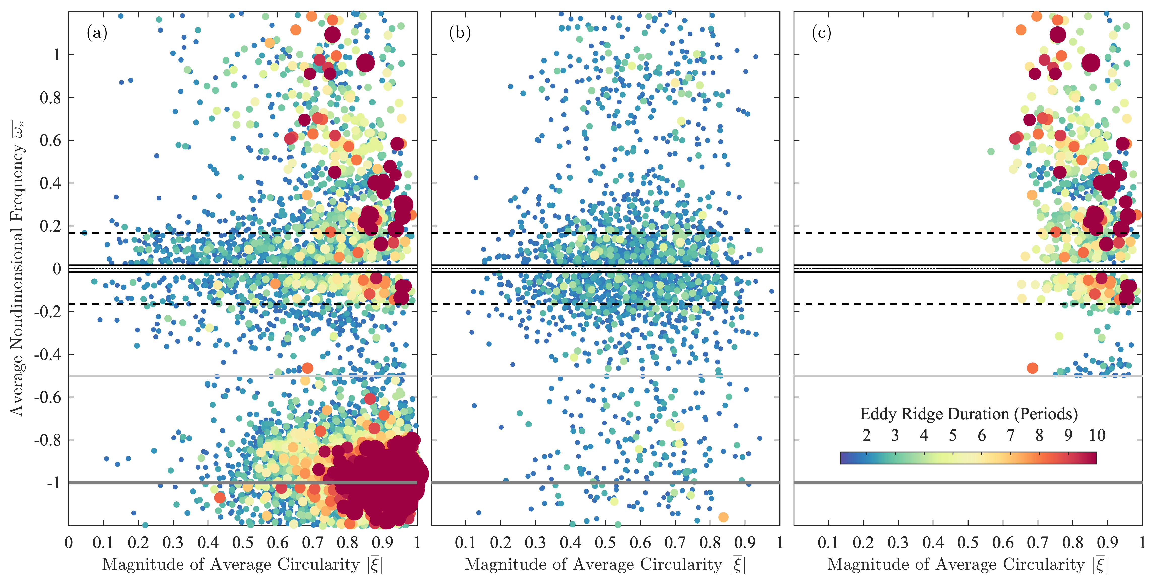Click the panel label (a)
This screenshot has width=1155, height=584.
coord(97,33)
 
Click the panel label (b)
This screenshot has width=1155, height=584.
coord(460,33)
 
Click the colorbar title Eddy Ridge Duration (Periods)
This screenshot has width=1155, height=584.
coord(969,414)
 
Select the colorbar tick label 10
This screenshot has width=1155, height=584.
coord(1097,435)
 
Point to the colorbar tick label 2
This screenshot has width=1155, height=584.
coord(866,435)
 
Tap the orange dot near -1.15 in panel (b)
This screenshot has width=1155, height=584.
coord(723,517)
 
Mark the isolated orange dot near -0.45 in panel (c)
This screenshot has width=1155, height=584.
coord(1032,368)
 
